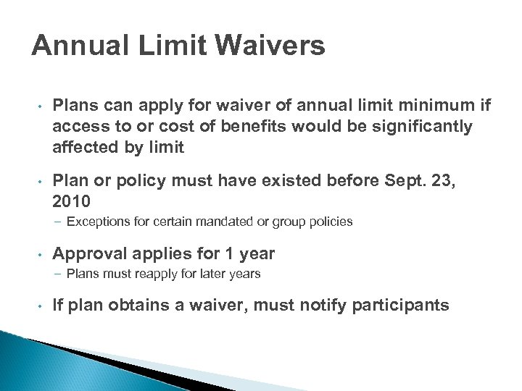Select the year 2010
coord(71,201)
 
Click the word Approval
coord(92,254)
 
